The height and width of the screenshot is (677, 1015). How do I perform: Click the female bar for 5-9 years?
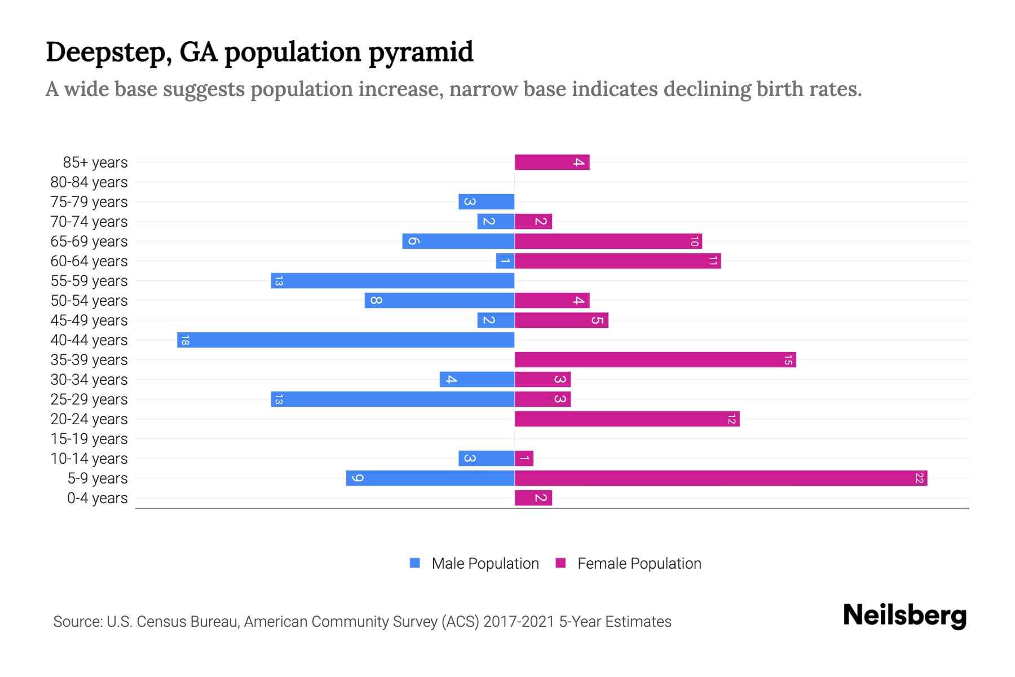click(x=721, y=478)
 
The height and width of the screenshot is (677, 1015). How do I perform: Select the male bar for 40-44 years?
click(x=346, y=340)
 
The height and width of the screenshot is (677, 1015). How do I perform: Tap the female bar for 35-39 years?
click(x=655, y=360)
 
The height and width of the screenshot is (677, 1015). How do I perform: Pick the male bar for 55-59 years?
click(x=392, y=281)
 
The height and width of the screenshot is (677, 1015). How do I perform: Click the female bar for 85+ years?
click(x=551, y=162)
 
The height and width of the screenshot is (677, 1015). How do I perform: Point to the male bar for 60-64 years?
click(x=505, y=261)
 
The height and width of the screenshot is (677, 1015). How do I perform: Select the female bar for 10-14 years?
click(x=524, y=459)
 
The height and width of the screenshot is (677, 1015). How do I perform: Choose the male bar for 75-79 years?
click(x=486, y=202)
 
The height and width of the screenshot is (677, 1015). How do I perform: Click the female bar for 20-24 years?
click(x=626, y=419)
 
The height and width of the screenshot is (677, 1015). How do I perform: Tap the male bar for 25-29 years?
click(x=392, y=399)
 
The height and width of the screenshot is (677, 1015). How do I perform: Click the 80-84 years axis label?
click(x=89, y=182)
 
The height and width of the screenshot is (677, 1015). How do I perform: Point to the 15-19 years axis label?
click(x=89, y=439)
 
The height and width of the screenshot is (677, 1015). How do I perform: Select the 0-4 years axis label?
click(x=97, y=498)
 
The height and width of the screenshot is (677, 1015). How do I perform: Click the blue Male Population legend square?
click(x=415, y=563)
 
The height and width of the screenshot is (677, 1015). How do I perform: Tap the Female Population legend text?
click(x=639, y=564)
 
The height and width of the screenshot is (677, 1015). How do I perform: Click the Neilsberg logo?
click(x=904, y=616)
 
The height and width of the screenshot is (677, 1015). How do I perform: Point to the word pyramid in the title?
click(x=421, y=52)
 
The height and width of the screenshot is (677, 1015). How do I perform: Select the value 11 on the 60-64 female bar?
click(x=713, y=261)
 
